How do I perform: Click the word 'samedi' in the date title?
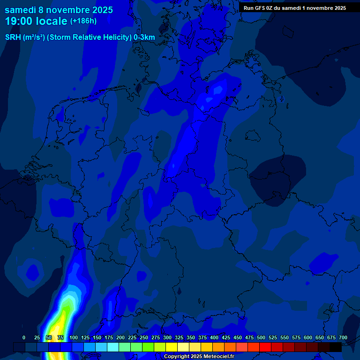pos(20,9)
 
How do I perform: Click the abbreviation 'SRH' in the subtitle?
pos(13,37)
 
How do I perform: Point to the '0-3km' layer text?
pos(144,37)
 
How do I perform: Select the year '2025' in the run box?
pos(338,8)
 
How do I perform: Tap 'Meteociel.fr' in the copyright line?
pos(216,357)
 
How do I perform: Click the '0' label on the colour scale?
pos(24,337)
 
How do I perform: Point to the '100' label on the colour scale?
pos(74,337)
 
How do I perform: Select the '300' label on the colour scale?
pos(167,337)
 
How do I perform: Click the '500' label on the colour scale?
pos(261,337)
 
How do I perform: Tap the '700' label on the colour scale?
pos(343,337)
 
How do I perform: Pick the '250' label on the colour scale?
pos(144,337)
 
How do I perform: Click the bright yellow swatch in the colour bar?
pos(172,347)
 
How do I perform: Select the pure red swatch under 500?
pos(265,347)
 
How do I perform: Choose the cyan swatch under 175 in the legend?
pos(113,347)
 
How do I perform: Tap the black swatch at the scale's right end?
pos(336,347)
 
